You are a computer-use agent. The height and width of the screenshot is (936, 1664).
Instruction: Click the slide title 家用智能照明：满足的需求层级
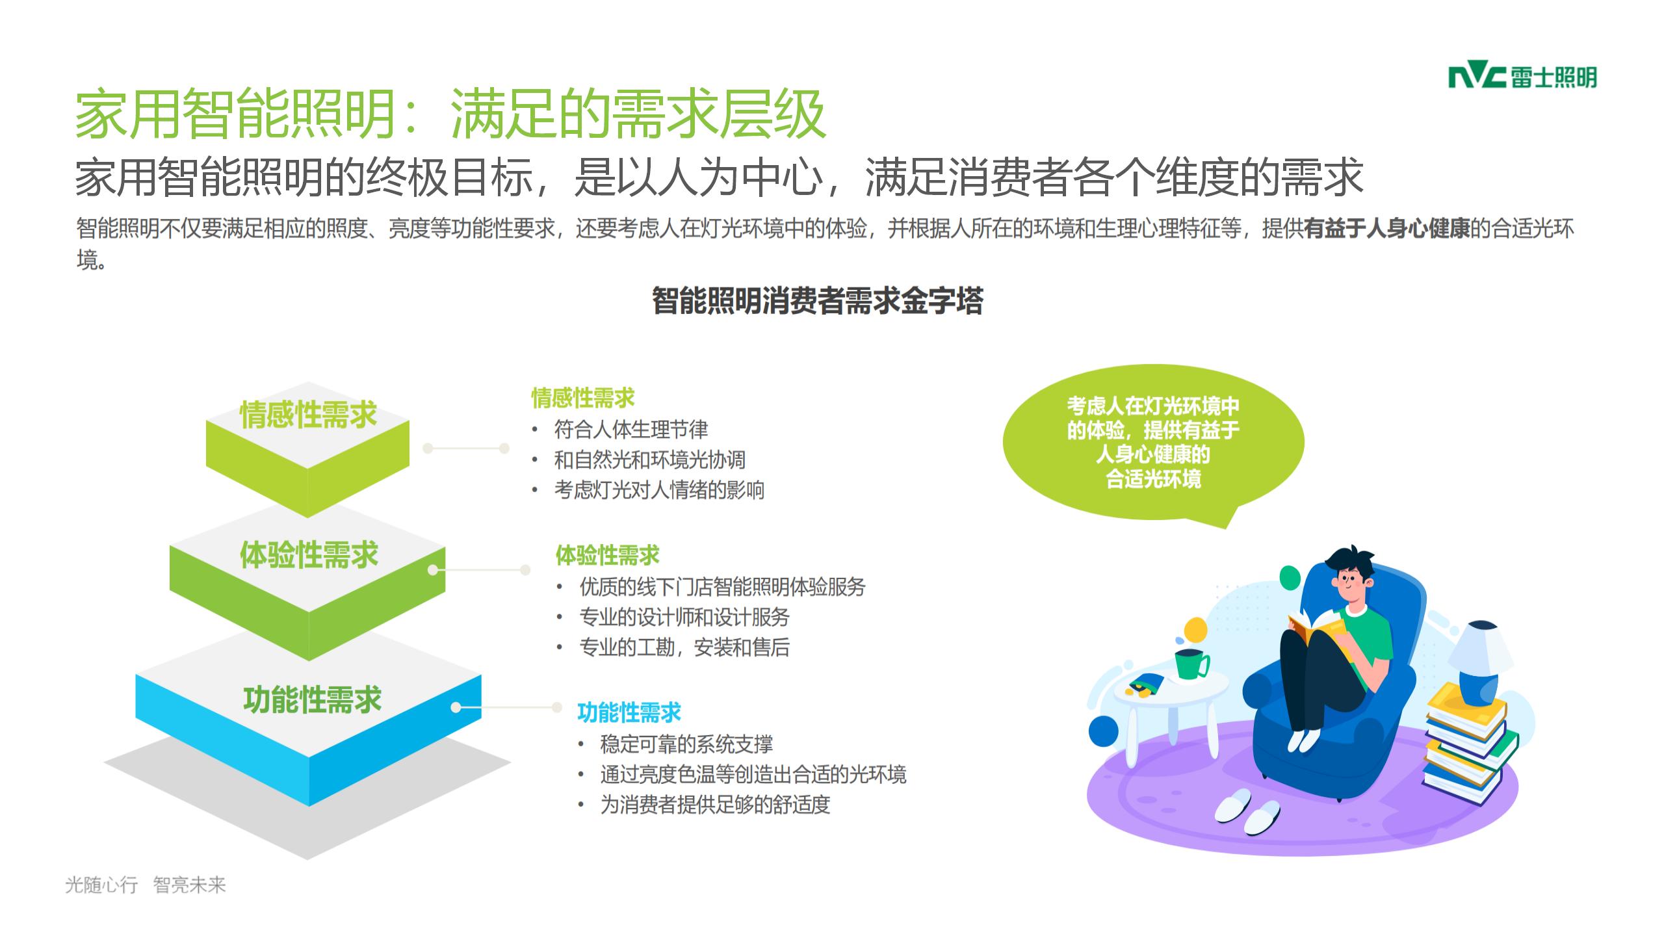[450, 114]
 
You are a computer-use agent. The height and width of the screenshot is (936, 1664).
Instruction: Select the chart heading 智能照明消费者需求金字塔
[817, 300]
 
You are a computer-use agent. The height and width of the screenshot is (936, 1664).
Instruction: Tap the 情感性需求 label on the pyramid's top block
[308, 415]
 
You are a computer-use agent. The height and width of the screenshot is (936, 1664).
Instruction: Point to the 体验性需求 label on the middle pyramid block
[309, 555]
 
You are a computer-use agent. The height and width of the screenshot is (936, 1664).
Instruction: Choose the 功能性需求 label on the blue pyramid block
[312, 700]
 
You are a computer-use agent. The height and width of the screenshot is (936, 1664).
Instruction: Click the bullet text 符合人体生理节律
[631, 430]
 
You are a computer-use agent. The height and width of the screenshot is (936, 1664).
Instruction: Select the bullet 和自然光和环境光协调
[649, 460]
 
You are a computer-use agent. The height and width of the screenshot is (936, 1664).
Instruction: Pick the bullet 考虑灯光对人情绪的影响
[659, 489]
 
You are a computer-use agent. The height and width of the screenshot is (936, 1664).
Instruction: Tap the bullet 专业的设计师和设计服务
[684, 617]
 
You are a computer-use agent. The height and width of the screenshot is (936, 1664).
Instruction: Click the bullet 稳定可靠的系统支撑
[686, 744]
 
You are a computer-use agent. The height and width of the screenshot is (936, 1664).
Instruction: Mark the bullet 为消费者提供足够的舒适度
[715, 805]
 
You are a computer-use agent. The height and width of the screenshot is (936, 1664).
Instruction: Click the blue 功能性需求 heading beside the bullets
[629, 713]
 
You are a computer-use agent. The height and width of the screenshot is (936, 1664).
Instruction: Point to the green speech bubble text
[1153, 442]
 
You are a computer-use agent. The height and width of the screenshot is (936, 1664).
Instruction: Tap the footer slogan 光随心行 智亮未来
[146, 885]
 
